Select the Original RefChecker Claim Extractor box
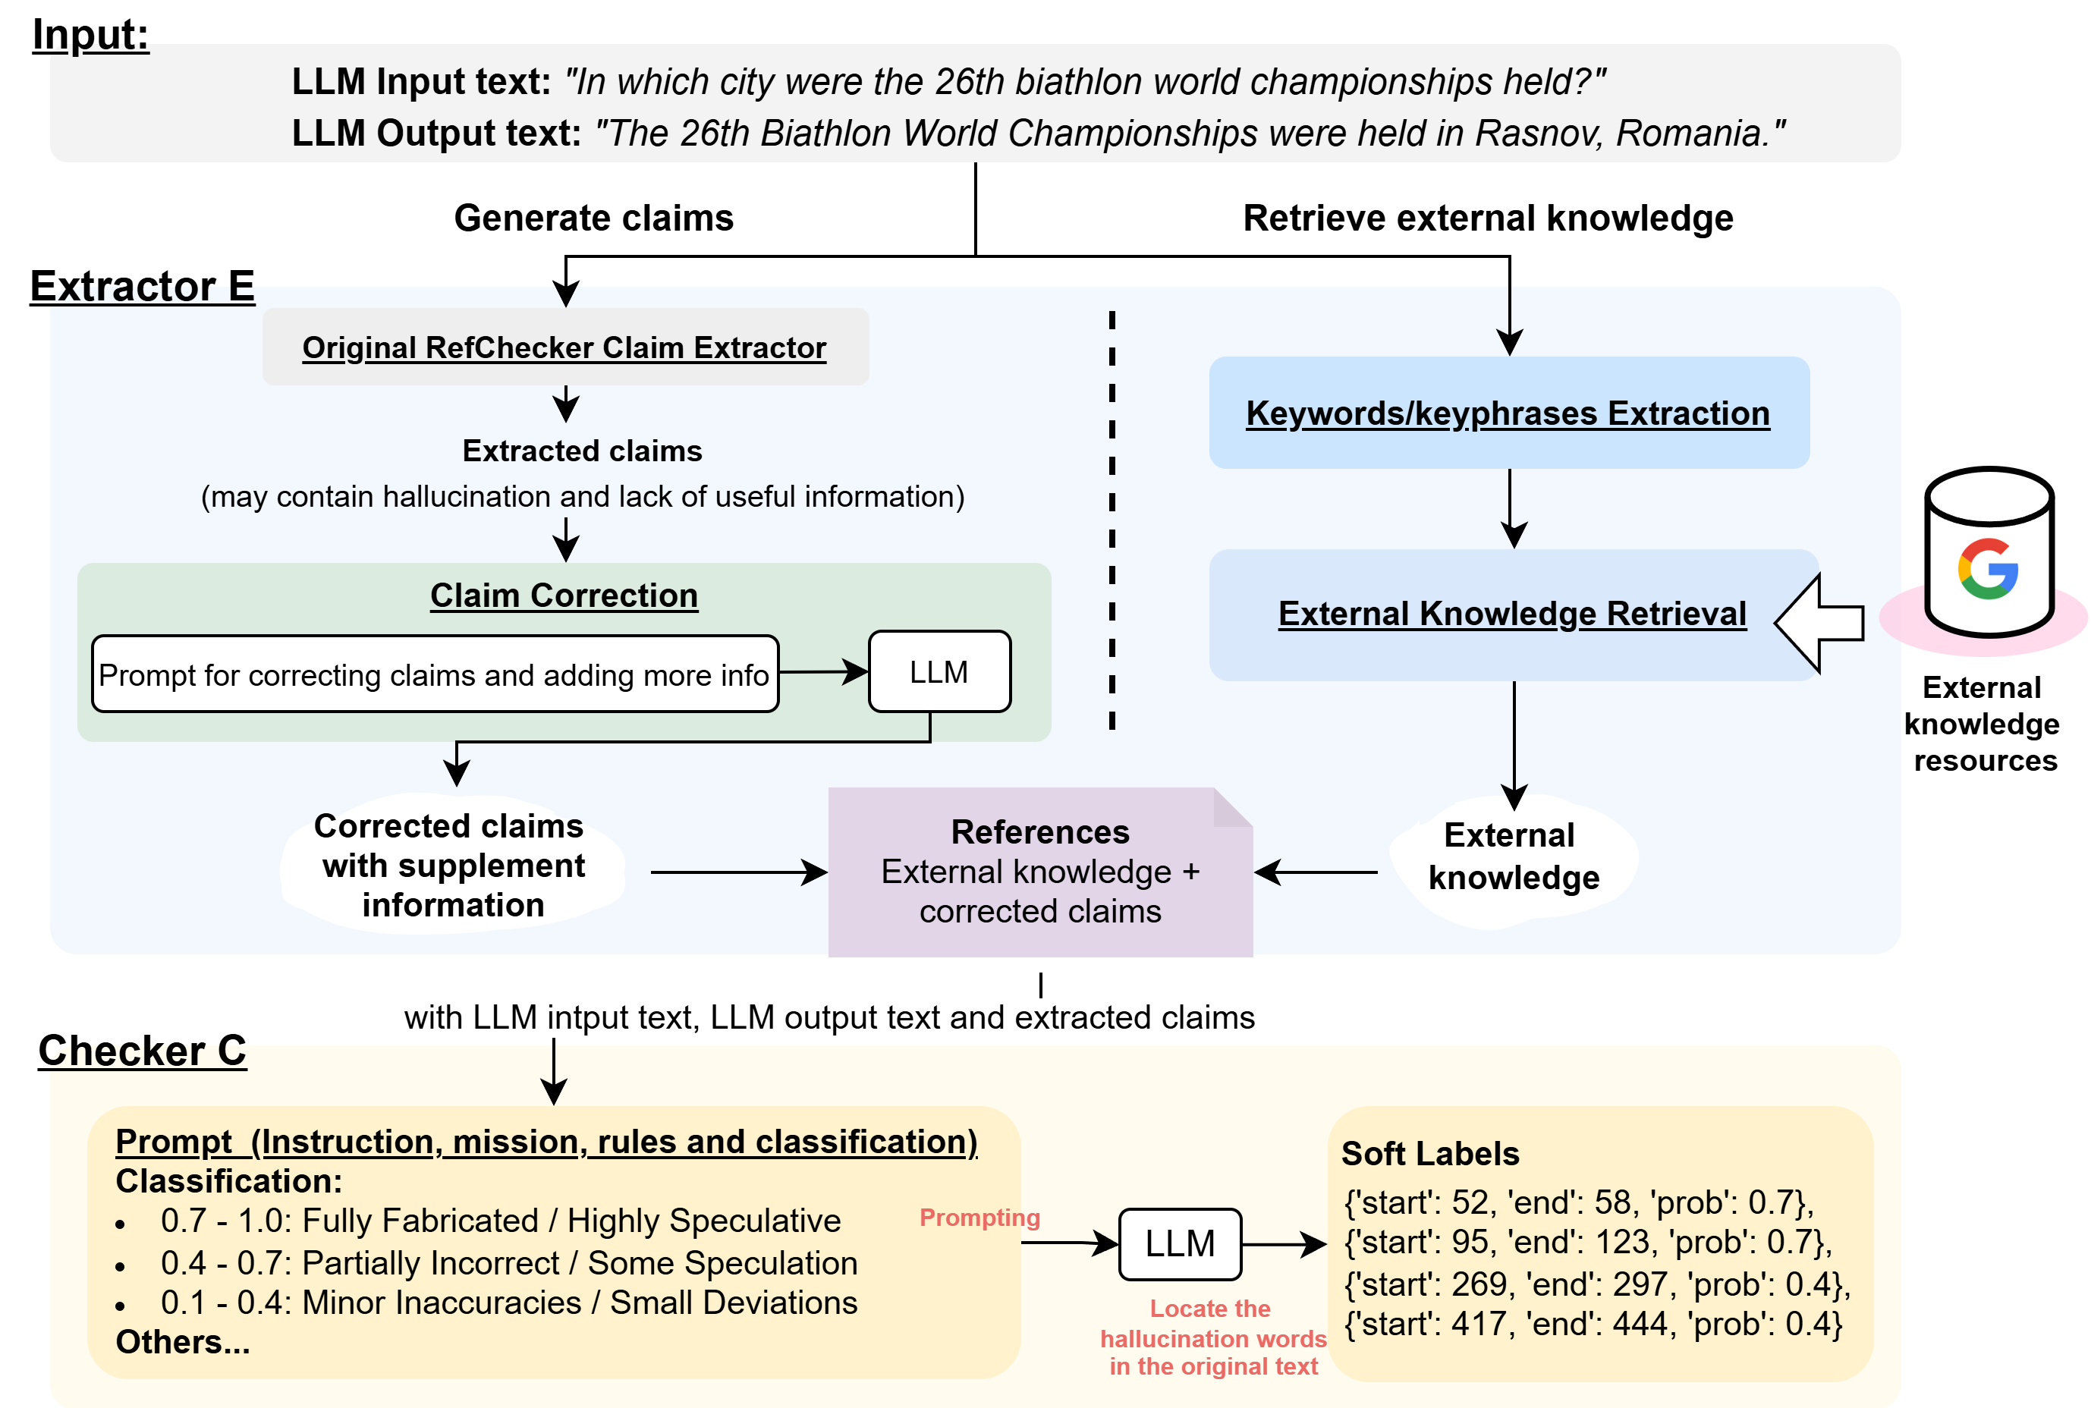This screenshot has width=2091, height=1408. coord(564,347)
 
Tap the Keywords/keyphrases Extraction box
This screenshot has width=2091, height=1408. coord(1508,413)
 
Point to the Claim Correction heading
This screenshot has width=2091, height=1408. coord(564,596)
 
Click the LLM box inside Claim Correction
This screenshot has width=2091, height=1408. coord(939,671)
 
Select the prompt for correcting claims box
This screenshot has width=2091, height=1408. coord(435,674)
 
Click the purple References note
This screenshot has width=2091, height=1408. coord(1039,871)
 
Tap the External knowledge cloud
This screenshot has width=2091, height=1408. coord(1514,857)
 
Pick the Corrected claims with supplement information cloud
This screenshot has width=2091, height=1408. coord(452,865)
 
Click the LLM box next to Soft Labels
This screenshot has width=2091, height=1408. coord(1180,1243)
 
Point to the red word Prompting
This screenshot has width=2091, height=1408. coord(979,1218)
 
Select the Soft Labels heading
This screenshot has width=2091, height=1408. coord(1429,1154)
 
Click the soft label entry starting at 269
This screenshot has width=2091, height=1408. coord(1596,1284)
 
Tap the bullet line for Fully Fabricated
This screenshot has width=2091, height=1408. coord(500,1221)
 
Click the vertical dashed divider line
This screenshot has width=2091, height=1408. coord(1112,521)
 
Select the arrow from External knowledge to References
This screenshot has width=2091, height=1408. coord(1316,872)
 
